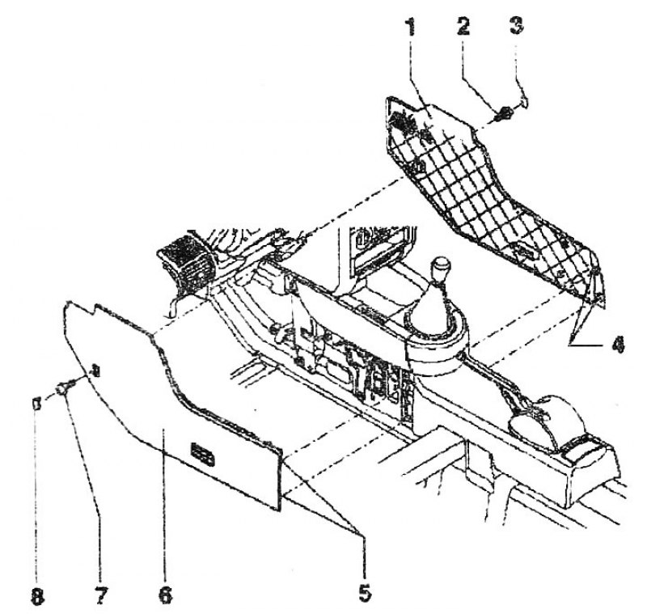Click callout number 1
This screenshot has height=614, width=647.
coord(410,27)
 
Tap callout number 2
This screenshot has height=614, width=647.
coord(463,27)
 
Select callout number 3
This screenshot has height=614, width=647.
coord(516,26)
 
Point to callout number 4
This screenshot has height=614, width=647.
coord(618,343)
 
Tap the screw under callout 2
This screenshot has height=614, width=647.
coord(503,112)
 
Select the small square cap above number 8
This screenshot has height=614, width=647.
coord(36,403)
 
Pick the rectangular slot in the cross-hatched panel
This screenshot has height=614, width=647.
coord(524,250)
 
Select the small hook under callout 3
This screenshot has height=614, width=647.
coord(523,101)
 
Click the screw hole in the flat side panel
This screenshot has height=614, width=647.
coord(95,371)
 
